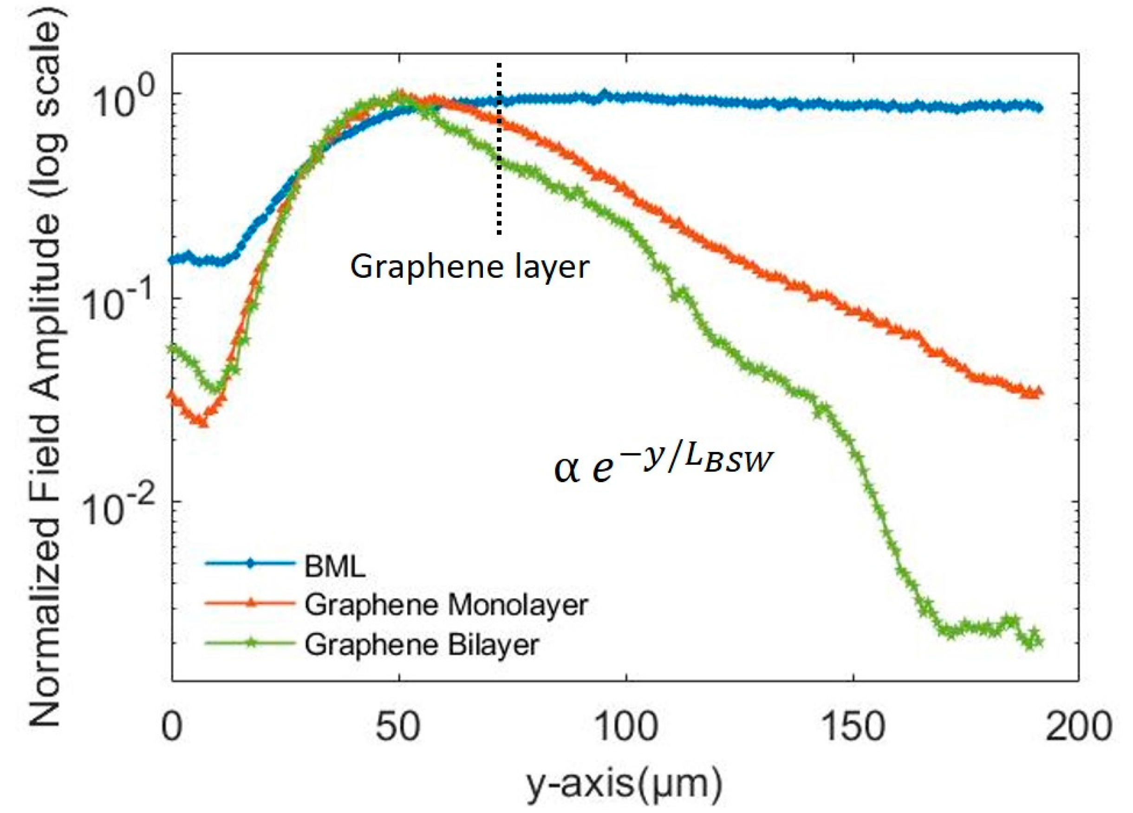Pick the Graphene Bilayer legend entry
(x=422, y=645)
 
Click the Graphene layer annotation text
(x=469, y=267)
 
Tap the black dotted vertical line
(x=499, y=150)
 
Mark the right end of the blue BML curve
(x=1039, y=108)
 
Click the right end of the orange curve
(x=1039, y=393)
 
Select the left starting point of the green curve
(x=173, y=347)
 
